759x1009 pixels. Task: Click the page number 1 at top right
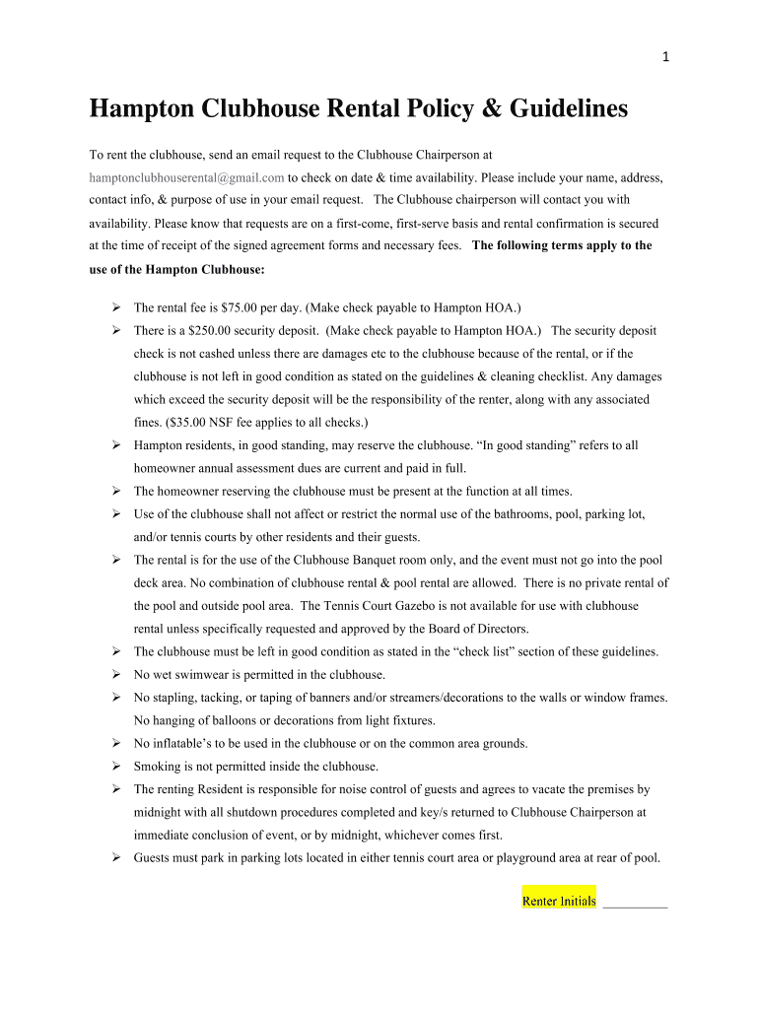[x=667, y=56]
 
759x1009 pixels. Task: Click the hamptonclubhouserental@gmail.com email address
[x=186, y=177]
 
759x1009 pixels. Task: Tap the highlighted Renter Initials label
[x=559, y=901]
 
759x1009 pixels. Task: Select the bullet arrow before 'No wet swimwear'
[x=115, y=675]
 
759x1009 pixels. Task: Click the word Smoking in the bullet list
[x=158, y=767]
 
